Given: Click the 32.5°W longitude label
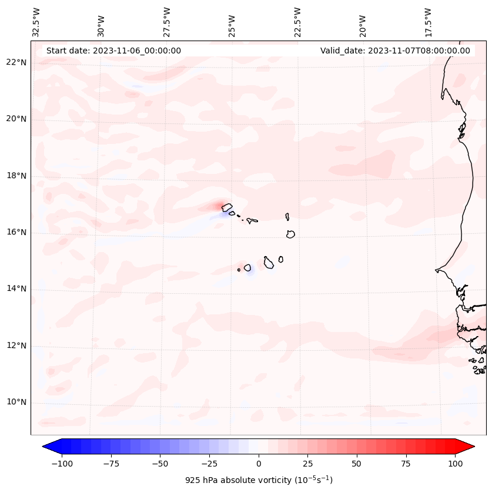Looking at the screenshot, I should [36, 22].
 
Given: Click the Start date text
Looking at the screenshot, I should [113, 51].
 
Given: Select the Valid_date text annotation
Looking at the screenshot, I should [395, 51].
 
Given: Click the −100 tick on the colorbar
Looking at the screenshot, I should [62, 464].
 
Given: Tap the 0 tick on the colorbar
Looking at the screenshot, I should [259, 464].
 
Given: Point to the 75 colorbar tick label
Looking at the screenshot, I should [406, 464].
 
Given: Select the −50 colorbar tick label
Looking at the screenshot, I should [160, 464].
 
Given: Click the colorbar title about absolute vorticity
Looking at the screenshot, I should [259, 480].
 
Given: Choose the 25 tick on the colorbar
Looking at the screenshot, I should [308, 464].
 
